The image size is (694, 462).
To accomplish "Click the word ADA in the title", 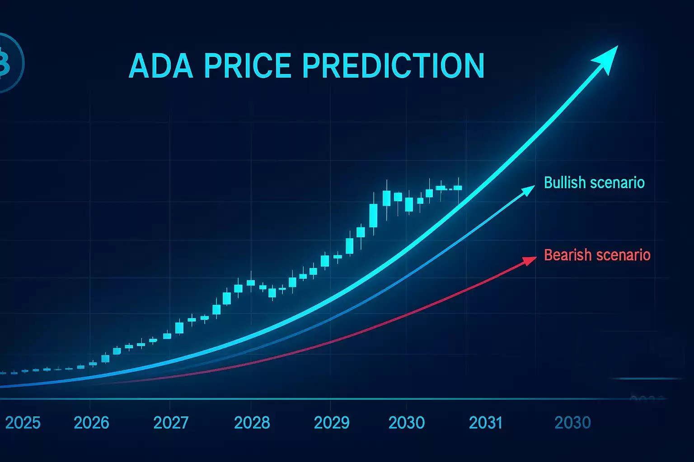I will click(162, 66).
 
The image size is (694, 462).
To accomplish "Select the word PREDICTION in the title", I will click(393, 66).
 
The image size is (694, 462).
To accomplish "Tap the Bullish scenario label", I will click(594, 183).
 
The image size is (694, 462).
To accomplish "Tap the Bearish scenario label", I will click(597, 255).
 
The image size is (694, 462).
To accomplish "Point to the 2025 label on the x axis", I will click(23, 423).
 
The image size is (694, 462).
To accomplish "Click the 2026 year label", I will click(91, 423).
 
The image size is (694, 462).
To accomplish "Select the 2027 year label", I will click(171, 423).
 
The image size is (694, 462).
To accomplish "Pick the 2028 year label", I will click(252, 423).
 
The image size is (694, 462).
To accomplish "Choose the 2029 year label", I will click(332, 423).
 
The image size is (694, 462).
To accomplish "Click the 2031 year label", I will click(486, 423).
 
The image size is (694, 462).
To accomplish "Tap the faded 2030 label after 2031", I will click(572, 423).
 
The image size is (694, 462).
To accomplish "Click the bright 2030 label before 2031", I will click(406, 423).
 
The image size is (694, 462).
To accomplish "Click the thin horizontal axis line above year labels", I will click(316, 399).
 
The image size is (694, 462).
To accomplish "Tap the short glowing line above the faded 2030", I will click(646, 379).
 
